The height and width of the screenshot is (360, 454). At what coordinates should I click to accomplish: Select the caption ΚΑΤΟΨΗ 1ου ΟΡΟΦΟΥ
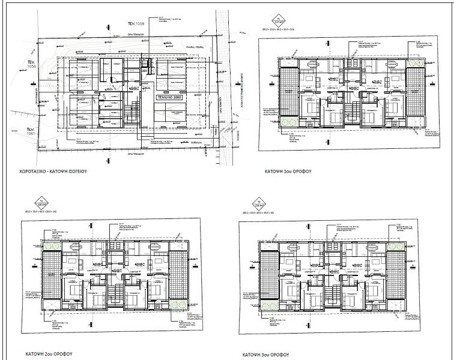pyautogui.click(x=285, y=171)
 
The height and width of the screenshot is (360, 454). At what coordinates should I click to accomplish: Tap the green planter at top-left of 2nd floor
pyautogui.click(x=52, y=247)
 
